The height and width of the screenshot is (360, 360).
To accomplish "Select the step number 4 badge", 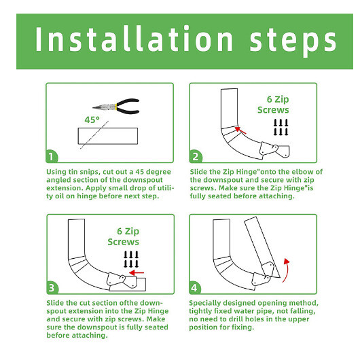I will [x=196, y=286].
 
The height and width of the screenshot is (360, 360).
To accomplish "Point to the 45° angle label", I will [x=92, y=120].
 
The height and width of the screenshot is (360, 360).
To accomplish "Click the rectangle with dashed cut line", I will [x=108, y=138].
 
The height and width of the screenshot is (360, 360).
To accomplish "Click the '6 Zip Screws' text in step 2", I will [x=273, y=105].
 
